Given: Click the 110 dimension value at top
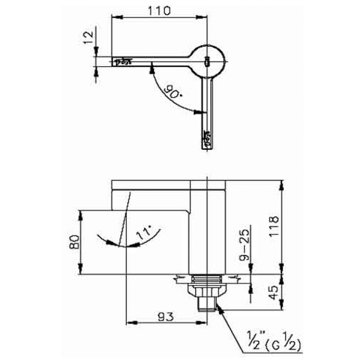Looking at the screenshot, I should [x=160, y=11].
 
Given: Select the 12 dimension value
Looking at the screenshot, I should [x=88, y=37].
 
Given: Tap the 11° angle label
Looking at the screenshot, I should [x=144, y=234].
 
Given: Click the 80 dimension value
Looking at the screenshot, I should [x=74, y=242].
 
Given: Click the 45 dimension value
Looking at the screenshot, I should [x=274, y=292].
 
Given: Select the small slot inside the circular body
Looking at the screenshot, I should [x=207, y=61].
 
